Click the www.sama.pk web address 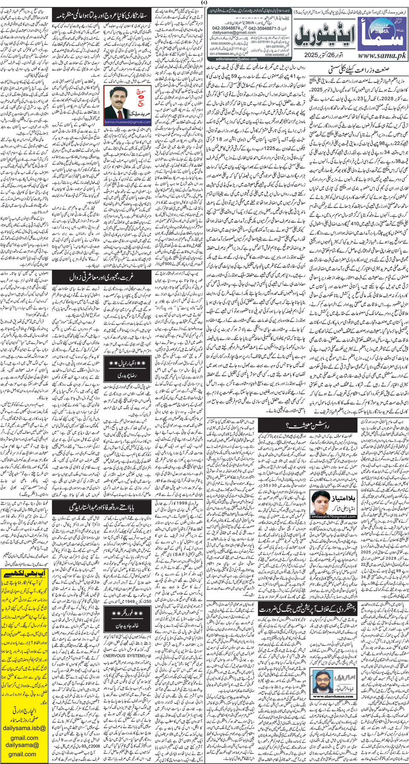pos(382,56)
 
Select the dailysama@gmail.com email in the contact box pos(234,32)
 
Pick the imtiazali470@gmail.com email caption pos(328,517)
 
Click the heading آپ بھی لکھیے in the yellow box pos(25,574)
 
